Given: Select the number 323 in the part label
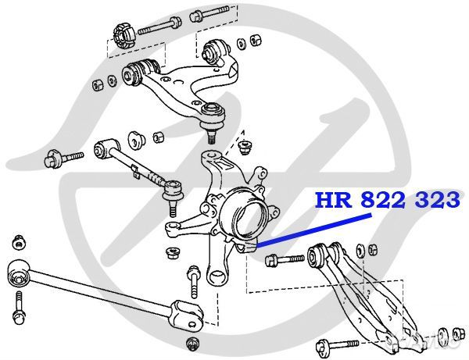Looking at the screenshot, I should pos(435,201).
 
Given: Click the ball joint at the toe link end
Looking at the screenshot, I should pos(173,191).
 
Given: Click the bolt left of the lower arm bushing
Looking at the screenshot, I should pos(285,258).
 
